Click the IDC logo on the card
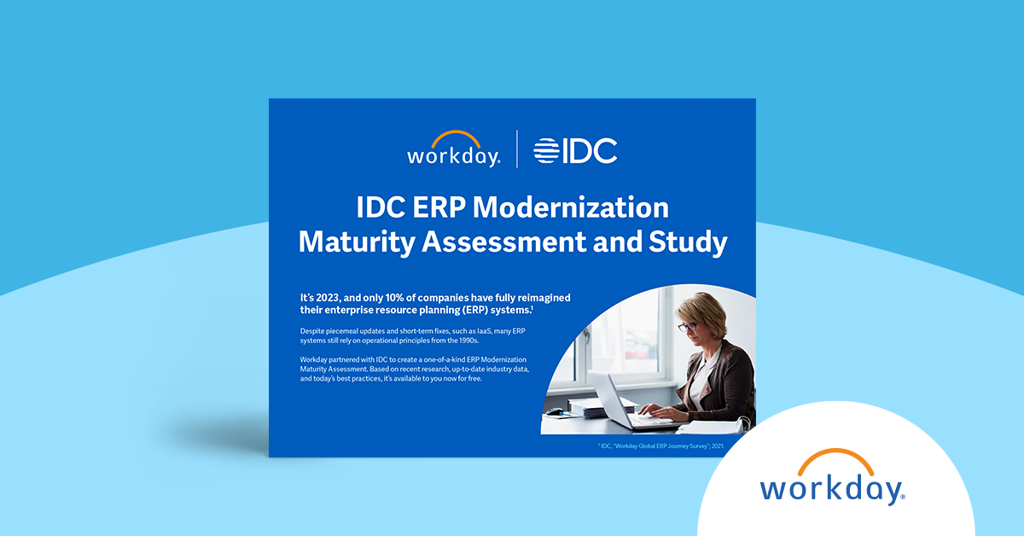575,151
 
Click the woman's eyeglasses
689,325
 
